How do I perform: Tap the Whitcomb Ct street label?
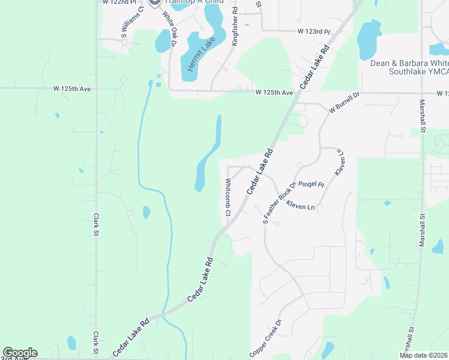pyautogui.click(x=228, y=197)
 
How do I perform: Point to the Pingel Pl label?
pyautogui.click(x=311, y=184)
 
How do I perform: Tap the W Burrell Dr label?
pyautogui.click(x=343, y=103)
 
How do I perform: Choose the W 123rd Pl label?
pyautogui.click(x=314, y=31)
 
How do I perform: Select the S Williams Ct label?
pyautogui.click(x=133, y=22)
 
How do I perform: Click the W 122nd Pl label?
pyautogui.click(x=119, y=2)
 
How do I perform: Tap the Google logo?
pyautogui.click(x=20, y=353)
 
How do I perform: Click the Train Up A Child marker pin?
pyautogui.click(x=154, y=2)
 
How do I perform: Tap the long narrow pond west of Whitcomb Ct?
pyautogui.click(x=208, y=156)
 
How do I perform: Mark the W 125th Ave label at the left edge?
pyautogui.click(x=71, y=89)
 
